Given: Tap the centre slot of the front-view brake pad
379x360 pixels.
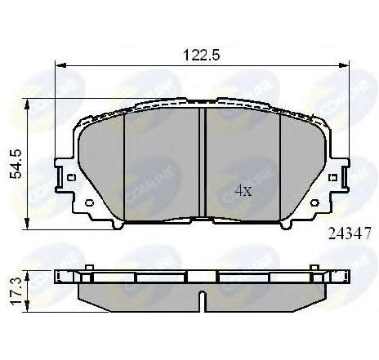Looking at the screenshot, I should [x=202, y=163].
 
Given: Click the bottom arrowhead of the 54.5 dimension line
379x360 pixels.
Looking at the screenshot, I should [x=30, y=220].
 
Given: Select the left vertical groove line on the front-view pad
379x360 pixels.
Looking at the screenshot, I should [x=123, y=163].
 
